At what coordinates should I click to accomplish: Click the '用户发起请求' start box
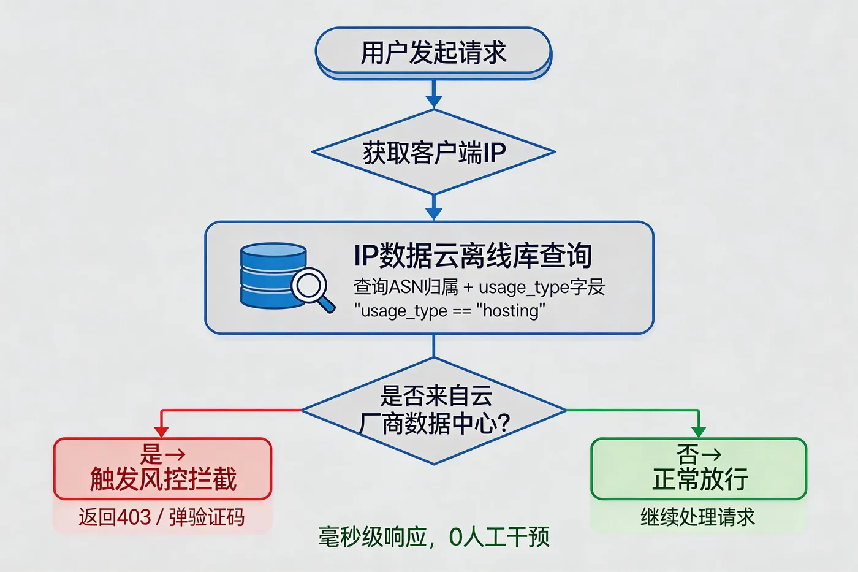(433, 53)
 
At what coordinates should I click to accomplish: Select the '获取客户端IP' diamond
(433, 153)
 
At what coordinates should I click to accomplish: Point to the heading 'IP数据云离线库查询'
(473, 256)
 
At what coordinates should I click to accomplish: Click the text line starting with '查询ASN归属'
(479, 287)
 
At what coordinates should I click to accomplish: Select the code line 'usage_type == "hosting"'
(449, 311)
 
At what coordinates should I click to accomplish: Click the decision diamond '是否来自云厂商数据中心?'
(434, 410)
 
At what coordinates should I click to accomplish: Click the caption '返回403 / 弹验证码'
(161, 517)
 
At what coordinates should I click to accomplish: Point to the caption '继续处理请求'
(697, 517)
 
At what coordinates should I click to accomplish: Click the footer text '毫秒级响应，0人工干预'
(433, 537)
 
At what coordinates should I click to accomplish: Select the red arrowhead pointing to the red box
(161, 432)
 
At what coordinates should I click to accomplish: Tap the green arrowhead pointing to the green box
(698, 432)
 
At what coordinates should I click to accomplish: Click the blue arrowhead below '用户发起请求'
(434, 102)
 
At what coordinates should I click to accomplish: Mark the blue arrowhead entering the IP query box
(434, 214)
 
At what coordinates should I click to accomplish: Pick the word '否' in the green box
(687, 455)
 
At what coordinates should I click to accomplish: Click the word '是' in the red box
(151, 455)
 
